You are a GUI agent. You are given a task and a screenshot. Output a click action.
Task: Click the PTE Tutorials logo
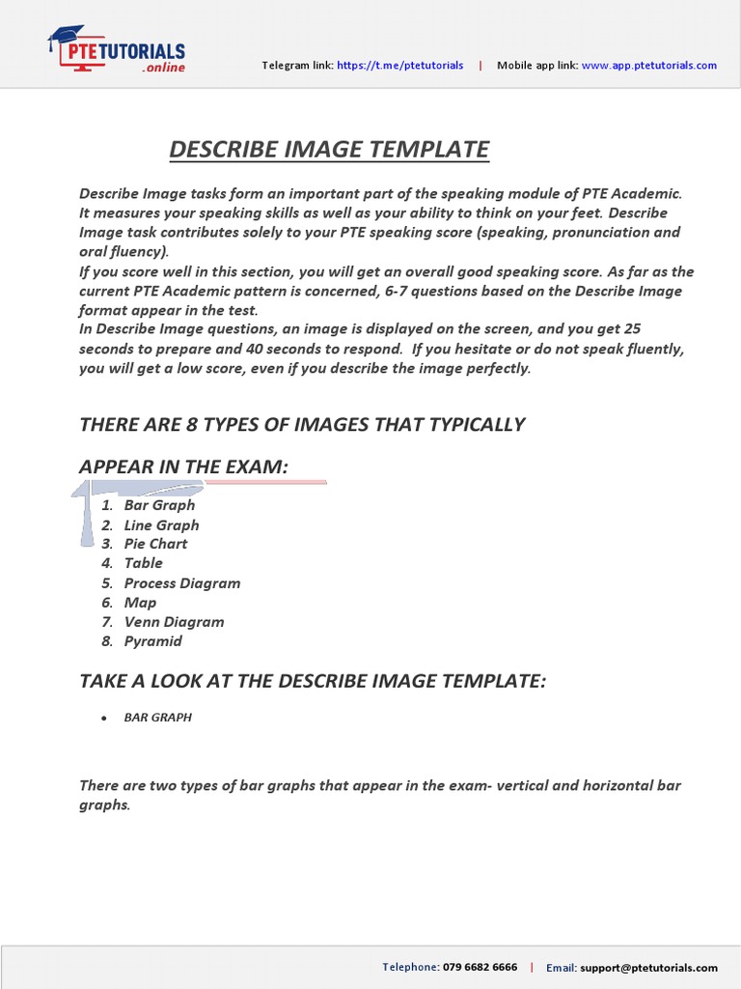(x=116, y=50)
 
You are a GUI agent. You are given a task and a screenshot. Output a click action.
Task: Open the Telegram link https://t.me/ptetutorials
(x=399, y=66)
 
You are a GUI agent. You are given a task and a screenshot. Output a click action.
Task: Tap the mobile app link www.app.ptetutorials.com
(x=648, y=66)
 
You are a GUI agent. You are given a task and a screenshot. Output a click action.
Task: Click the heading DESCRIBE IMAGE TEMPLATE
(x=329, y=150)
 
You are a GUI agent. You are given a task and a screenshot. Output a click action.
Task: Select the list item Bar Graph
(x=159, y=505)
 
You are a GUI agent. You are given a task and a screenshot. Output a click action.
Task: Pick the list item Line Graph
(x=161, y=525)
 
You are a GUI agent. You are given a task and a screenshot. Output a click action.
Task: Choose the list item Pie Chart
(x=155, y=544)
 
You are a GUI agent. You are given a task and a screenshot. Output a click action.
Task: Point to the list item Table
(x=143, y=563)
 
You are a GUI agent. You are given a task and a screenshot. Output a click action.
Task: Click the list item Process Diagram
(x=181, y=583)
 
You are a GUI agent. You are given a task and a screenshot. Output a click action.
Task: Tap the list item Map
(x=140, y=603)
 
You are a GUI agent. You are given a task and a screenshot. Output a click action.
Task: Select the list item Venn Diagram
(x=174, y=622)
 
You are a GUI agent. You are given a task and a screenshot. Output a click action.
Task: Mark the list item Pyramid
(x=152, y=641)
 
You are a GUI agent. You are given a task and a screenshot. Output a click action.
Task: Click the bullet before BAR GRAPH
(x=103, y=719)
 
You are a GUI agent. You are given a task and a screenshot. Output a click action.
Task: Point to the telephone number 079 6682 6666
(x=480, y=967)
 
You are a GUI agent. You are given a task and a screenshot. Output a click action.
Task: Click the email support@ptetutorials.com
(x=648, y=968)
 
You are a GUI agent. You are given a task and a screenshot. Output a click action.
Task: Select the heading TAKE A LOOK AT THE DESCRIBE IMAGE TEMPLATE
(x=312, y=682)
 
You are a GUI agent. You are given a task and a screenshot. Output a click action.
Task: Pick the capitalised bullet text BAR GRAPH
(x=157, y=718)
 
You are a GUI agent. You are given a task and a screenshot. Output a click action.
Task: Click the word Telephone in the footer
(x=411, y=967)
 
